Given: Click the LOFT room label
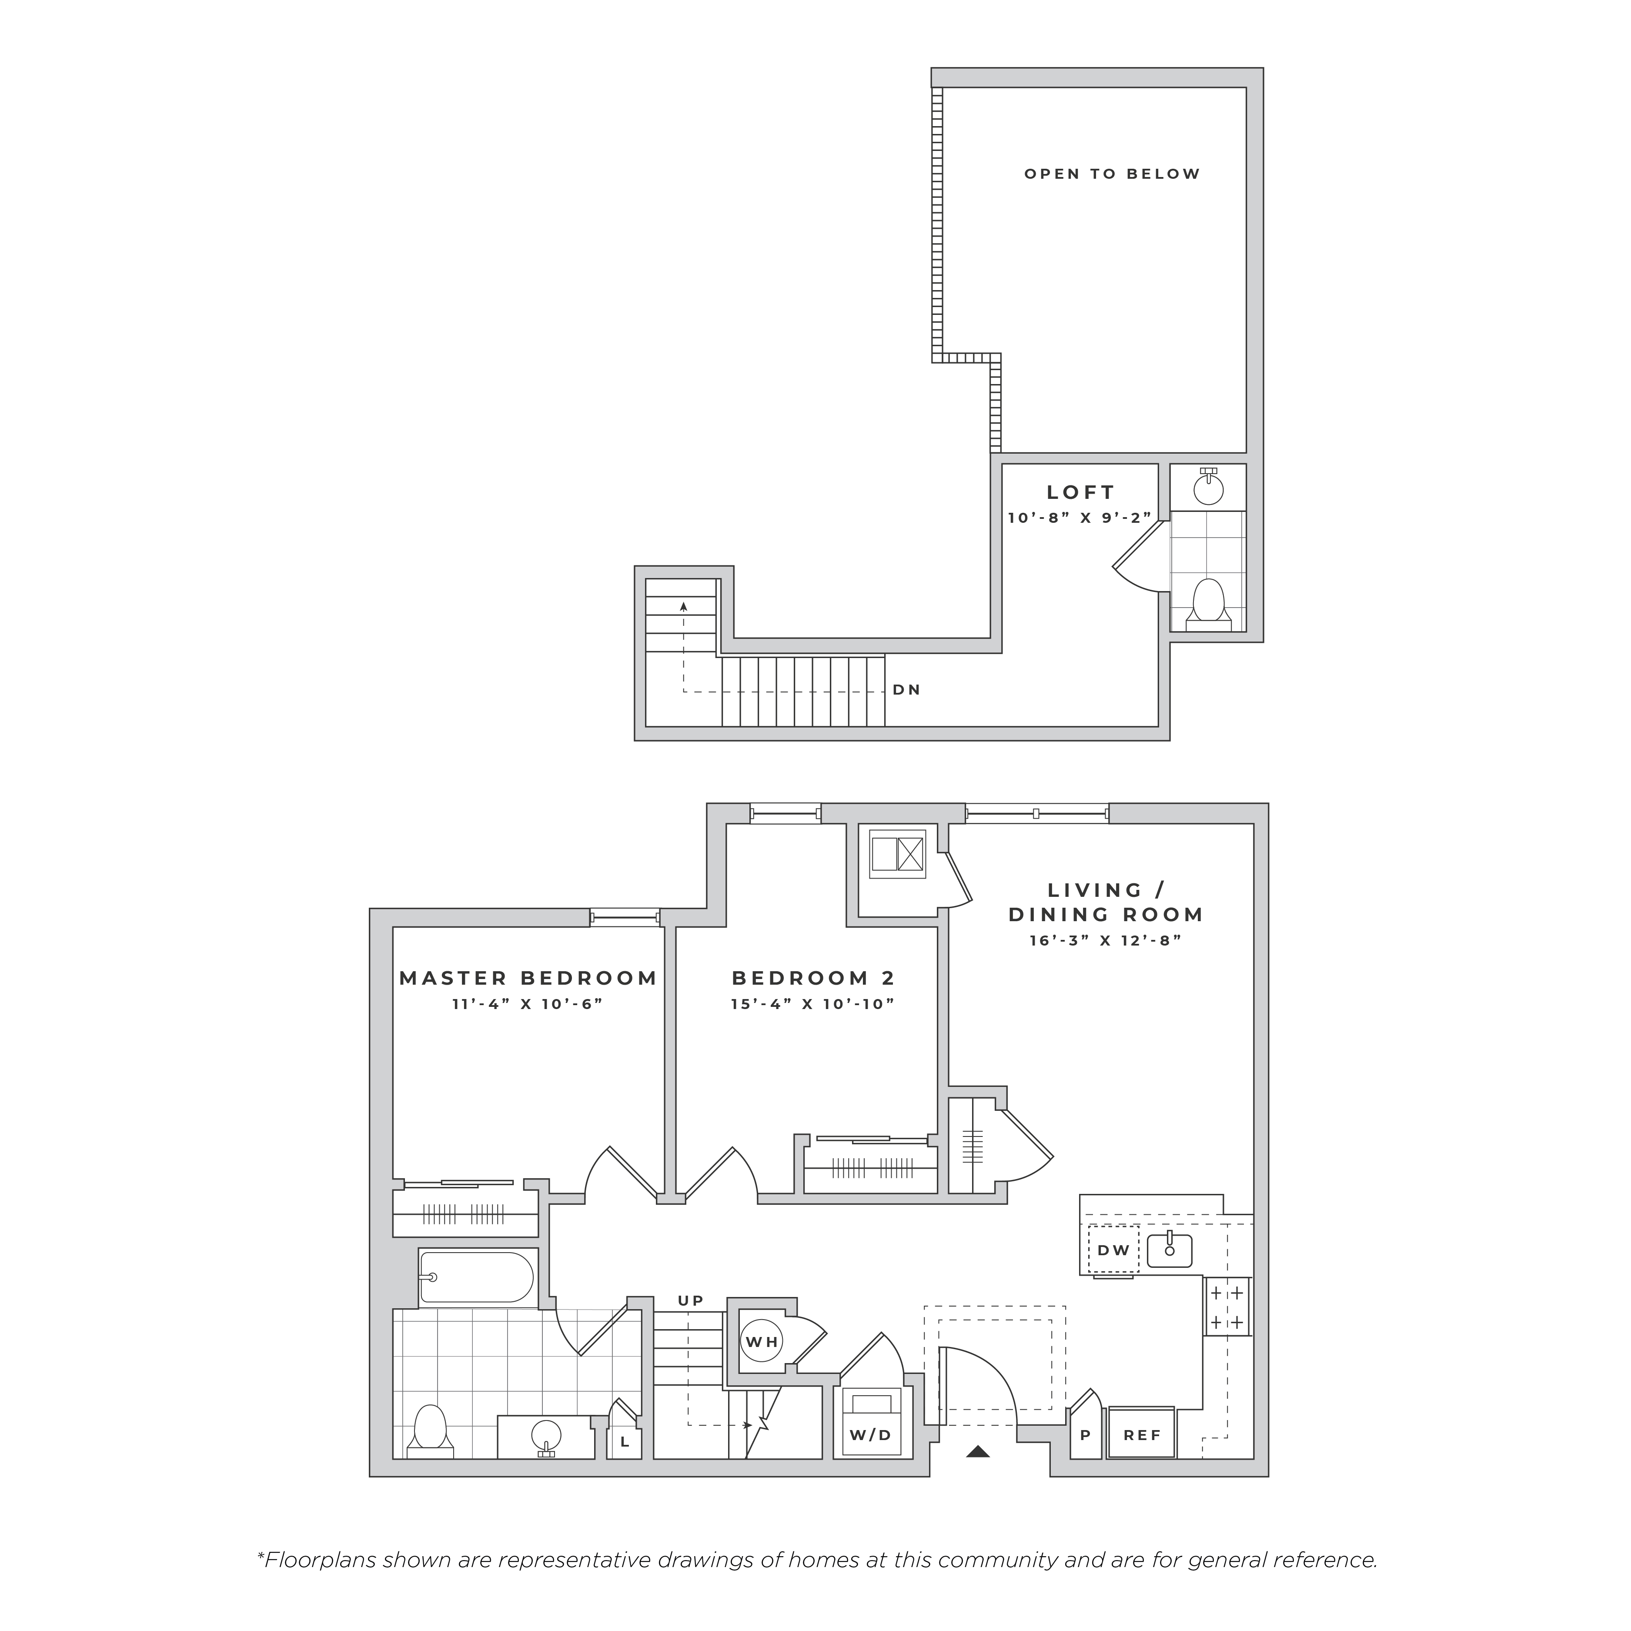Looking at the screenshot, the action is (x=1080, y=492).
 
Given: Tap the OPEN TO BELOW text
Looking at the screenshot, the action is (x=1112, y=174).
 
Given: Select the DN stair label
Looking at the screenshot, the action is (x=907, y=690).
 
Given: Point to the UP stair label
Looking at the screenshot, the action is (x=691, y=1301).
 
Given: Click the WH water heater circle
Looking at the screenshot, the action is (x=762, y=1341).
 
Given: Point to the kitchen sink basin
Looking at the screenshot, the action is (x=1169, y=1250).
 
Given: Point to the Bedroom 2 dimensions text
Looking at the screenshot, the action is (x=812, y=1004).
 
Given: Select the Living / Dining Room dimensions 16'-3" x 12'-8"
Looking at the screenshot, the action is (x=1105, y=939).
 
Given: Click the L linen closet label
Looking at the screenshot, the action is (x=625, y=1442).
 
